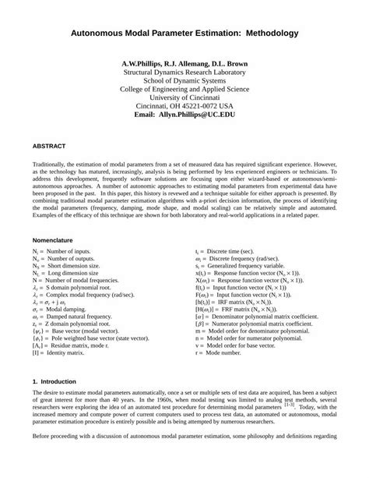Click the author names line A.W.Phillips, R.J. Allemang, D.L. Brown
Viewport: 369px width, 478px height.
(184, 62)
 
